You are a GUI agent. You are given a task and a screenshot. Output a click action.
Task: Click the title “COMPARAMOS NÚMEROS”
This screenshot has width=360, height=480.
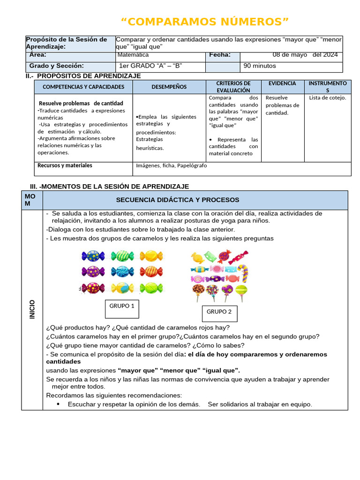(x=205, y=22)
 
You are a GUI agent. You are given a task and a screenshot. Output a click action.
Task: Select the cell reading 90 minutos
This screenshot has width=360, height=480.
(x=260, y=66)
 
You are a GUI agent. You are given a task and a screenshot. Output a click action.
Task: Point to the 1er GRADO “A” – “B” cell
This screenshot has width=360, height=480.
(x=150, y=66)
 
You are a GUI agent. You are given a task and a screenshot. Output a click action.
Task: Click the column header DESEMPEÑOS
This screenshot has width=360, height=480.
(x=169, y=87)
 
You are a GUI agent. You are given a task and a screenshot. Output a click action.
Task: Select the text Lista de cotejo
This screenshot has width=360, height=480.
(x=328, y=97)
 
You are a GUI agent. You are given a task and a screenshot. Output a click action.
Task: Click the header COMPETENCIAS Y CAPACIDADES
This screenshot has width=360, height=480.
(x=83, y=87)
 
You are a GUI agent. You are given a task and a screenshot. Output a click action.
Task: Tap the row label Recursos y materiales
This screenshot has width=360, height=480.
(x=65, y=165)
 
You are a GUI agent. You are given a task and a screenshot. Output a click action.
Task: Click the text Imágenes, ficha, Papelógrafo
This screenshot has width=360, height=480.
(x=171, y=165)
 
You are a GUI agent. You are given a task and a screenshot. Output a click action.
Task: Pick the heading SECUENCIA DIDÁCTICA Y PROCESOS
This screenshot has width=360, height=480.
(x=178, y=200)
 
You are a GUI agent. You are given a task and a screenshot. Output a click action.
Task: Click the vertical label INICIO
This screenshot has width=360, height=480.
(x=32, y=309)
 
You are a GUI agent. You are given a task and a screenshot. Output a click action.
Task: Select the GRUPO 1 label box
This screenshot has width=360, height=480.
(x=122, y=306)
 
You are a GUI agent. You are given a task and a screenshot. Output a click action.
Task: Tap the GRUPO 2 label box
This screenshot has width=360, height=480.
(x=219, y=312)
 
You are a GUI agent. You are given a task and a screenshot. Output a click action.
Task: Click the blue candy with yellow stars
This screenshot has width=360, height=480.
(x=93, y=256)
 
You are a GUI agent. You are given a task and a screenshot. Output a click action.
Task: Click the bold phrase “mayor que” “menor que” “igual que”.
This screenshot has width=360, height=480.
(x=179, y=370)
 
